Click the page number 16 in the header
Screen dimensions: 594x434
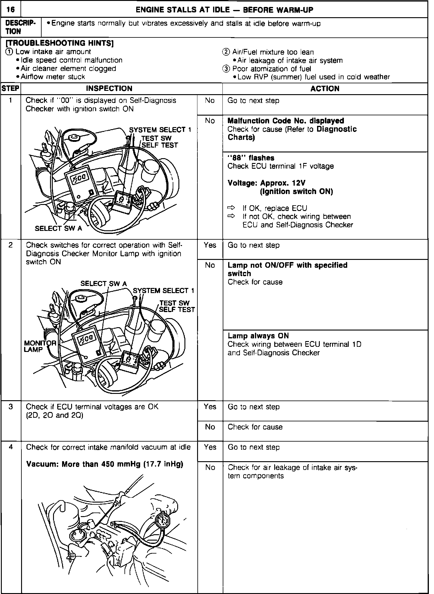(11, 10)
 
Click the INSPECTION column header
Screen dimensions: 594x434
(109, 89)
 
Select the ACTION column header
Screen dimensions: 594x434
(325, 89)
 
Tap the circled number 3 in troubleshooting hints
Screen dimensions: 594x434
(225, 69)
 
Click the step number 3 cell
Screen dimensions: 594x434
(11, 407)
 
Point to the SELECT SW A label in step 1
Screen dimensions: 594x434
(58, 228)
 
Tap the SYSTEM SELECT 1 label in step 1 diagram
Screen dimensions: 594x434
(160, 130)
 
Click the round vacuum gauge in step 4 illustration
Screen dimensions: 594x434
(163, 520)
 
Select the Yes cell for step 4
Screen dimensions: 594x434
(210, 447)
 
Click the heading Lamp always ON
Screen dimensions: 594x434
(258, 336)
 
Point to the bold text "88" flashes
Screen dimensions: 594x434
(251, 158)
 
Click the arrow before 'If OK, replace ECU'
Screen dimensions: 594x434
(231, 208)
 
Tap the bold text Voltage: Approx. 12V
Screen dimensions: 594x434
(266, 183)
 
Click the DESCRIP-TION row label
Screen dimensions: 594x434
(20, 27)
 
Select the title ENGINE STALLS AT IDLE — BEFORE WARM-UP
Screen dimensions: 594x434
(224, 10)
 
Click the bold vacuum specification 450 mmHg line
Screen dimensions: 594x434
(105, 464)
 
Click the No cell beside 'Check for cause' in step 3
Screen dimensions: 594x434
(210, 427)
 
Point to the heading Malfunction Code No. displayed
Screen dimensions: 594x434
(285, 121)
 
